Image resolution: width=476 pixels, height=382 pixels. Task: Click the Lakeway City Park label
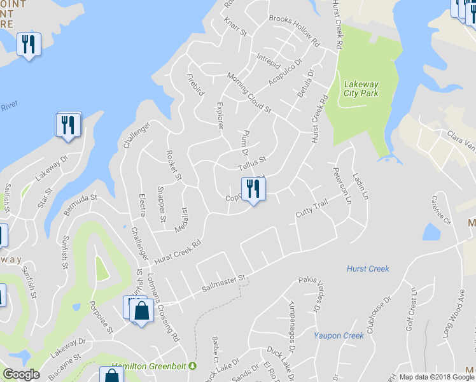click(x=361, y=88)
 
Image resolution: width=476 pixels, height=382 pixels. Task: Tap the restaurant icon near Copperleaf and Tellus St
click(x=253, y=189)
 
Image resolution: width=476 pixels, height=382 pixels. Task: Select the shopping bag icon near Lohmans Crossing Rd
click(x=142, y=312)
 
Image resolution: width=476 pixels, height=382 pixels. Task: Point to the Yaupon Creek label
click(x=338, y=335)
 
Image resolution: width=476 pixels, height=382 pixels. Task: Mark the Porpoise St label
click(x=101, y=316)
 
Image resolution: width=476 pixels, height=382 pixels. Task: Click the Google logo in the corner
click(x=21, y=374)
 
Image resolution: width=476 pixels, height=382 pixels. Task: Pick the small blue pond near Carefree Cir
click(x=430, y=233)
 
